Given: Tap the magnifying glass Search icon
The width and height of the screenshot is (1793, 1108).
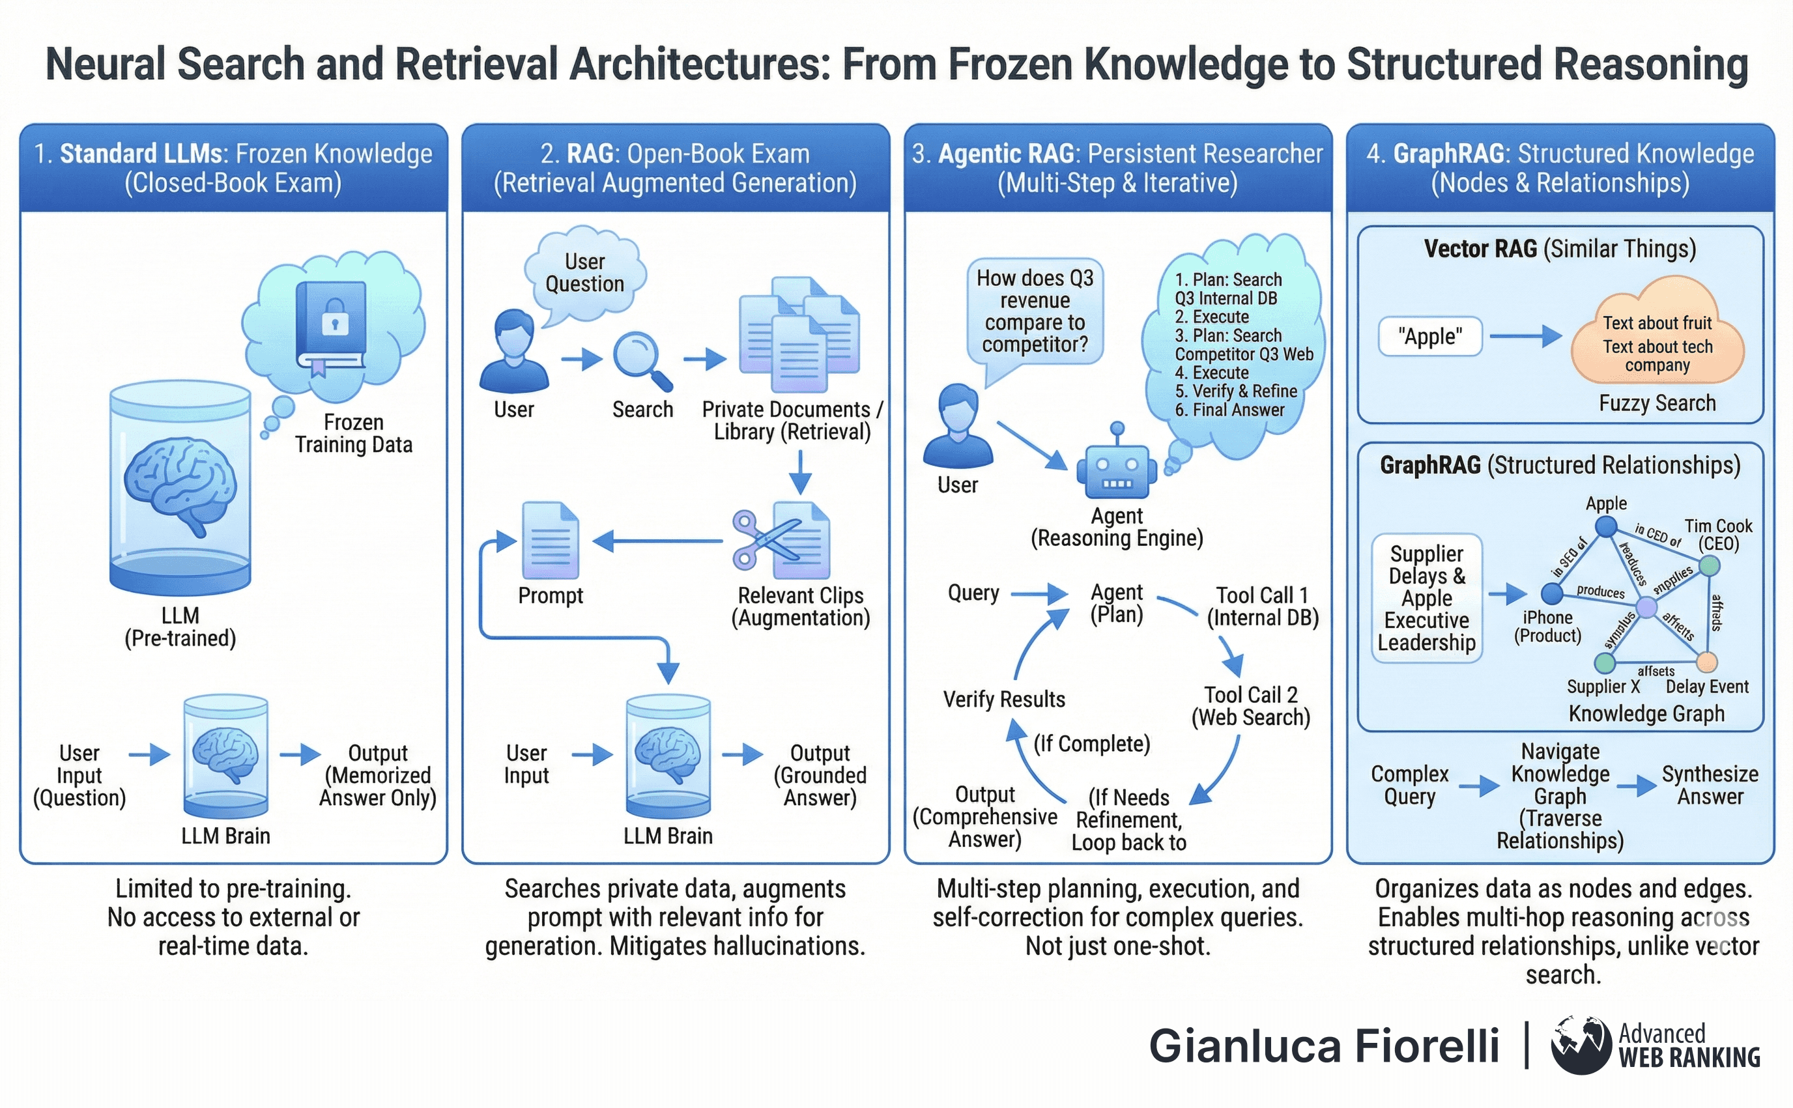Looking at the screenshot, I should [x=640, y=360].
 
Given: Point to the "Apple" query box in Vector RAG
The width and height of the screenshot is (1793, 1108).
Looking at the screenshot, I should [x=1429, y=336].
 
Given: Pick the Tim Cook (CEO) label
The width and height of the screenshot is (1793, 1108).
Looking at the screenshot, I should [x=1717, y=535].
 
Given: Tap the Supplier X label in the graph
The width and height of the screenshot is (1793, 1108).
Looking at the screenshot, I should [x=1603, y=687].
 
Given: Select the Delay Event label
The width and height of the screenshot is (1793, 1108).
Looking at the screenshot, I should [x=1706, y=687].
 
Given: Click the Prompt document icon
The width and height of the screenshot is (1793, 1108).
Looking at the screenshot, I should [x=551, y=541].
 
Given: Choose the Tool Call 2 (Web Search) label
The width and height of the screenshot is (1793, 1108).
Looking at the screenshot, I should [x=1251, y=705].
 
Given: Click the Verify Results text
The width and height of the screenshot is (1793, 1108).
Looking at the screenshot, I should [x=1004, y=699].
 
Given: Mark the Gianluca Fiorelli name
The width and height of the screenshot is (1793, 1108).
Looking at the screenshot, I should [x=1323, y=1045].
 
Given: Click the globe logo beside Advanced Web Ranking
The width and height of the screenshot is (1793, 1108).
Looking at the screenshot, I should [x=1581, y=1044].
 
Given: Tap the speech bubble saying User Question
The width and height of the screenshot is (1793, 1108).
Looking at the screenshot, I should [x=584, y=274].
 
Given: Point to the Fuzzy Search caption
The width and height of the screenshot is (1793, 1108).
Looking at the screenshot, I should [x=1657, y=403].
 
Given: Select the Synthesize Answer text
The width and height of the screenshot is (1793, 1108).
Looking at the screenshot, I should [x=1710, y=785].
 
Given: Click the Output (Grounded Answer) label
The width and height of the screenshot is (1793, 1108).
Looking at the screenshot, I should [x=820, y=775].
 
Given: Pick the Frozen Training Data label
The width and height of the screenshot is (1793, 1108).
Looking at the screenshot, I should [x=353, y=433].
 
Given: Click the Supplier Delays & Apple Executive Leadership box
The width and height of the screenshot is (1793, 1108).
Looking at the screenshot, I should [x=1426, y=598].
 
